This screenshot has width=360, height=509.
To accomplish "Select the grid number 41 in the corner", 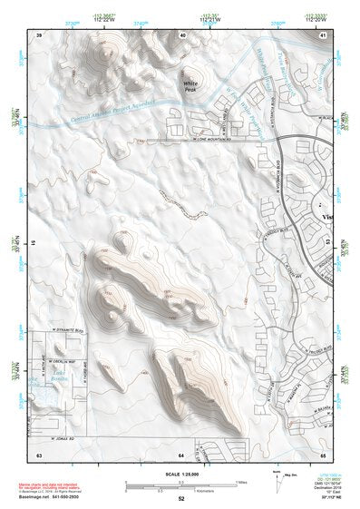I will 323,34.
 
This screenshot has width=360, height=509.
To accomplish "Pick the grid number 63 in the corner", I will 39,452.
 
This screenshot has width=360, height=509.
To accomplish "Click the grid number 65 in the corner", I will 323,452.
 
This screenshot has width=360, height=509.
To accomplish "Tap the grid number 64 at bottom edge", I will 180,452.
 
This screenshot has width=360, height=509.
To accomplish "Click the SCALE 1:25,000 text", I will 180,473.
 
